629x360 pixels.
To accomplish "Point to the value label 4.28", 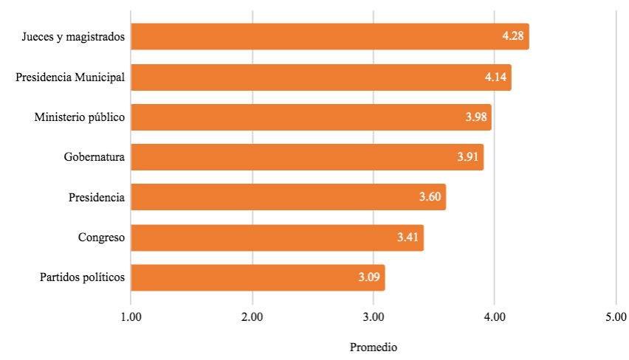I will click(x=513, y=37).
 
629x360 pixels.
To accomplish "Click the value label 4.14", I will click(x=495, y=77).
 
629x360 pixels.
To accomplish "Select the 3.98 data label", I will click(x=476, y=117).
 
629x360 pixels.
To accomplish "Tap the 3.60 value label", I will click(x=430, y=198).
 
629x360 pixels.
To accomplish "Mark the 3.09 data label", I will click(x=369, y=277).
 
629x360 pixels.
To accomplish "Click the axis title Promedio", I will click(x=374, y=347).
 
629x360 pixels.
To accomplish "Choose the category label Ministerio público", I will click(x=80, y=117).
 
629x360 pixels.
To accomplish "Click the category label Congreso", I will click(x=101, y=238).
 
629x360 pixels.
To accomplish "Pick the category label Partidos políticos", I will click(x=82, y=277).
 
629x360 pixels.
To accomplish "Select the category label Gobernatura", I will click(x=94, y=157).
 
